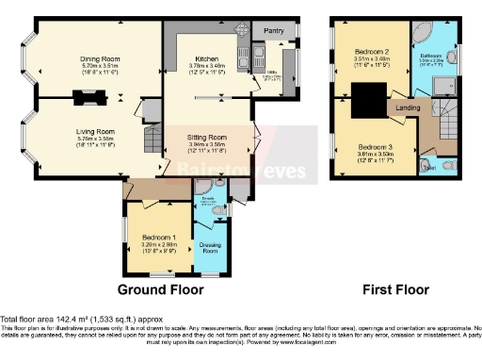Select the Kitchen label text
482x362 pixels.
207,58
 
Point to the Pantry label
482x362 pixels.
273,29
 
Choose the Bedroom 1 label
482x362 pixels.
158,236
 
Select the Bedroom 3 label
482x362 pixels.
375,147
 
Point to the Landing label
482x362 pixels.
409,107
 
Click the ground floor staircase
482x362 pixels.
151,141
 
